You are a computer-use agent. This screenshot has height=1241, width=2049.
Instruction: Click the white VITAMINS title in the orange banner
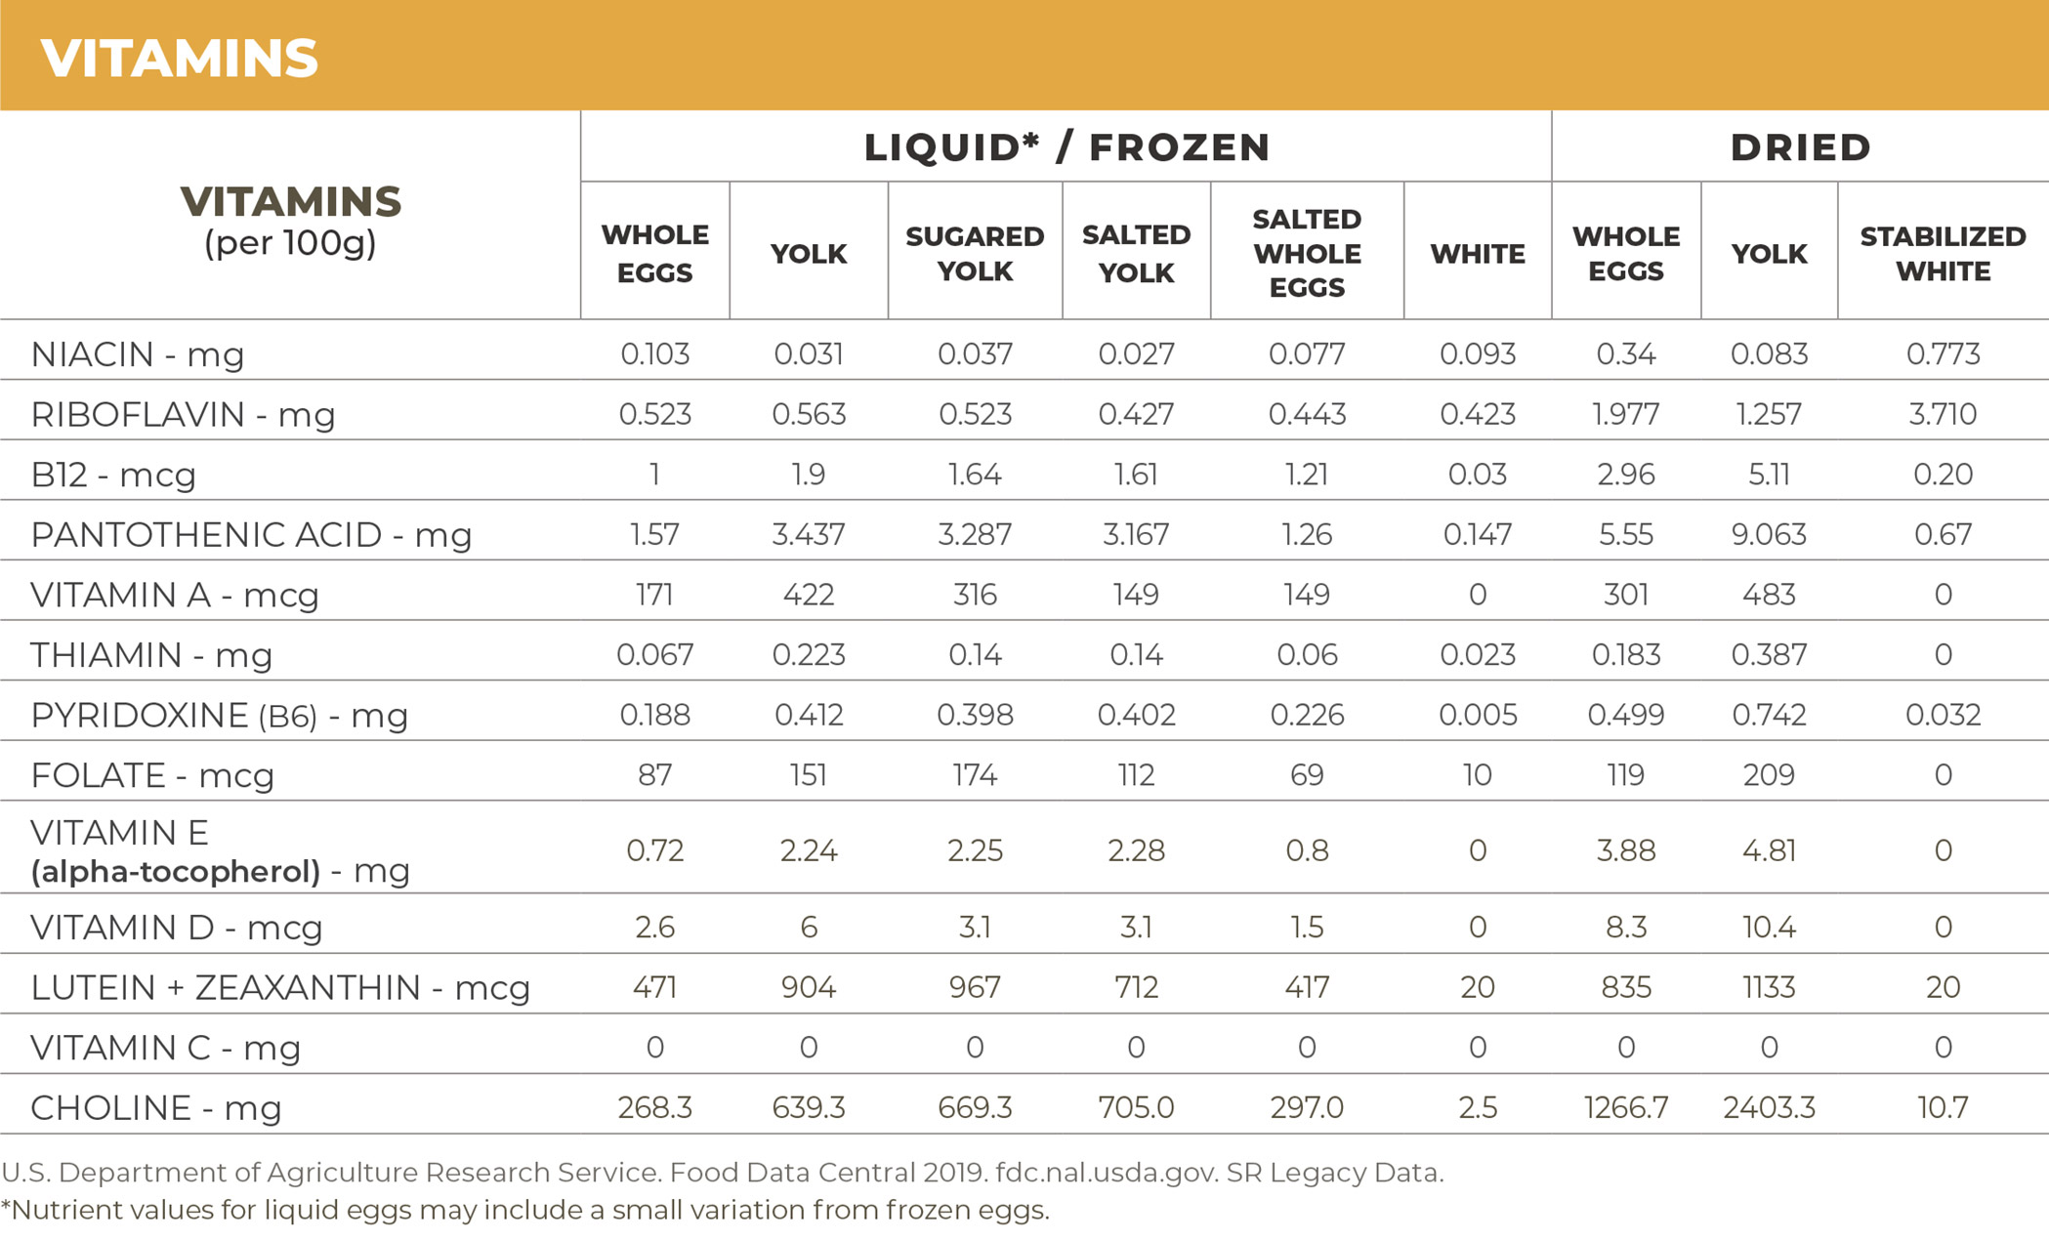coord(180,58)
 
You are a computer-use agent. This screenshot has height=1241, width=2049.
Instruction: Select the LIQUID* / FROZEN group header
coord(1066,147)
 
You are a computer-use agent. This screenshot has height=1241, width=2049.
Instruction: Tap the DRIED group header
coord(1800,147)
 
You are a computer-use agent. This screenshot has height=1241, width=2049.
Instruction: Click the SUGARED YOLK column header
coord(975,253)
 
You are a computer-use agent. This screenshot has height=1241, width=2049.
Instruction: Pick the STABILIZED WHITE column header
coord(1943,253)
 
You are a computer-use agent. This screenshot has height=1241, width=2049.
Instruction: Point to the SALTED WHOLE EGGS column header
coord(1307,253)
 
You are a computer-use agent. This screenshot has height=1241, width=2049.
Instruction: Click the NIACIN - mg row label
coord(138,353)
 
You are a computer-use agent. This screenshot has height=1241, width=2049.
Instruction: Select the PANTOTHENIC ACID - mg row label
coord(251,534)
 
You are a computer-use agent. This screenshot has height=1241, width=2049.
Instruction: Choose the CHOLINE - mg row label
coord(156,1107)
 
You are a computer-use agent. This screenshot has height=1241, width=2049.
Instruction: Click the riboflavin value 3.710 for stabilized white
coord(1943,414)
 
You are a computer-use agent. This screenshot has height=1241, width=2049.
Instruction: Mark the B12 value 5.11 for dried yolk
coord(1769,475)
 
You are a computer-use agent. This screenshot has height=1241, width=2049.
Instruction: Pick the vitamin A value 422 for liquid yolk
coord(809,595)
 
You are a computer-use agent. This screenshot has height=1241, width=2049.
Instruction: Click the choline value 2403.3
coord(1769,1107)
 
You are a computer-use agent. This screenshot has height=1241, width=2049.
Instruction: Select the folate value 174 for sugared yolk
coord(975,775)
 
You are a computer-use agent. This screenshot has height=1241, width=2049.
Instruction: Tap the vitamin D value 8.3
coord(1626,927)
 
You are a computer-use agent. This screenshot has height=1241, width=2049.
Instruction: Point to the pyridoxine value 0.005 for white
coord(1478,715)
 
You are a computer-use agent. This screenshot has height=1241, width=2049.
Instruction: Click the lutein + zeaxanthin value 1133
coord(1769,987)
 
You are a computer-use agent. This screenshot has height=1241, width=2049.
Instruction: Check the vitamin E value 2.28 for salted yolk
coord(1136,850)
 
